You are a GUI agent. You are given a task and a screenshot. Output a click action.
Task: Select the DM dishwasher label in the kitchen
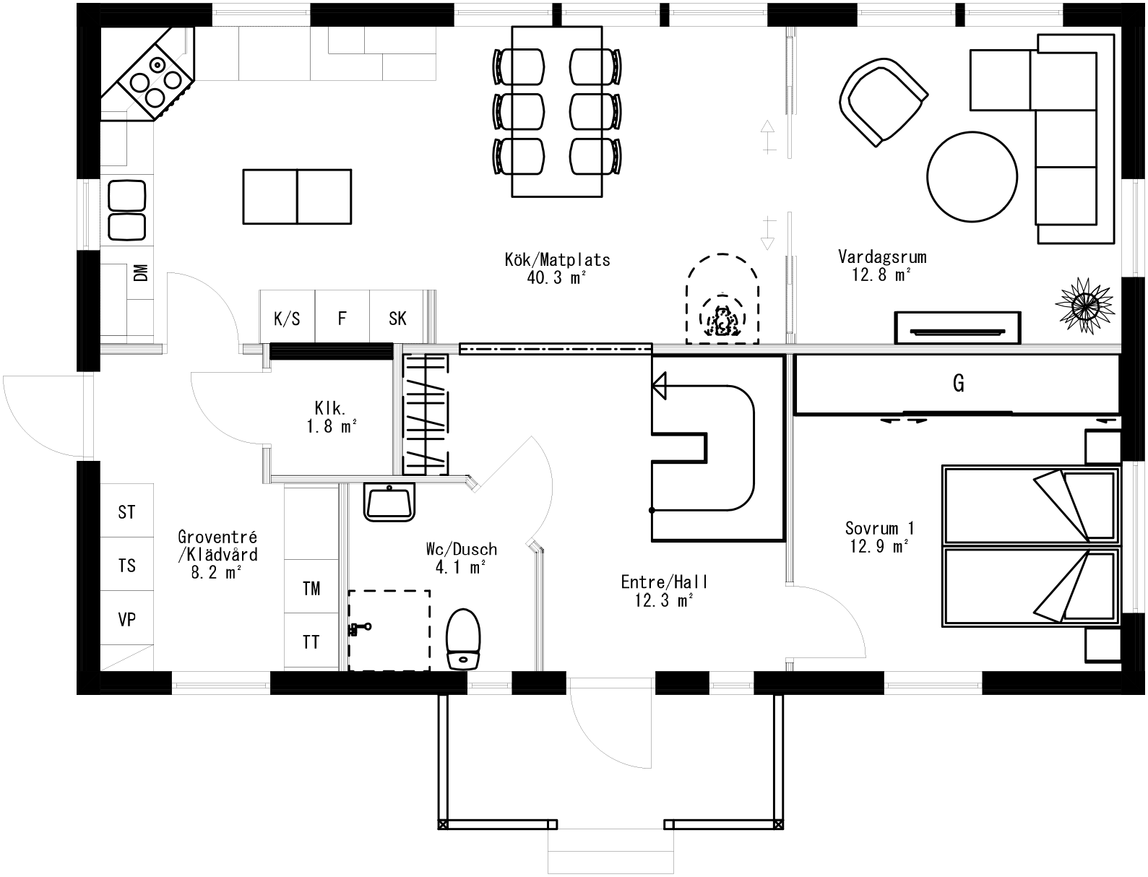(141, 272)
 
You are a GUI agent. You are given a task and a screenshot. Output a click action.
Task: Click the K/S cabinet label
(287, 318)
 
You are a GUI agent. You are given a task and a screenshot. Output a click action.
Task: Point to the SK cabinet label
(397, 318)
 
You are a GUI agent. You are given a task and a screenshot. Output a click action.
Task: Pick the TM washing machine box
(311, 588)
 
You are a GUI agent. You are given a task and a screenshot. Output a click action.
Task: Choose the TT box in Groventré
(311, 641)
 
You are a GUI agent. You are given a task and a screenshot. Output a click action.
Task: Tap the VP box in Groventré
(126, 619)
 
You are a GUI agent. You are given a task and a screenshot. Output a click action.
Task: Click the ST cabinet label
(126, 512)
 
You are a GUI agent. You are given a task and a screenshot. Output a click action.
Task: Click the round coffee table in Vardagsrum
(972, 176)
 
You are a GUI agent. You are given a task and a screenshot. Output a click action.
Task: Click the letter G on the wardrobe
(958, 384)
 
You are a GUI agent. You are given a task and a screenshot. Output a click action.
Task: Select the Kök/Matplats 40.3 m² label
(557, 267)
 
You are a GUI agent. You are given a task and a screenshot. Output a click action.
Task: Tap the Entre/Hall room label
(665, 590)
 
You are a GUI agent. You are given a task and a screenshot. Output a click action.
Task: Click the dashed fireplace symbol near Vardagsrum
(722, 303)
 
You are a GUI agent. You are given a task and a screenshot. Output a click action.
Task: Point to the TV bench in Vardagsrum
(957, 328)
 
